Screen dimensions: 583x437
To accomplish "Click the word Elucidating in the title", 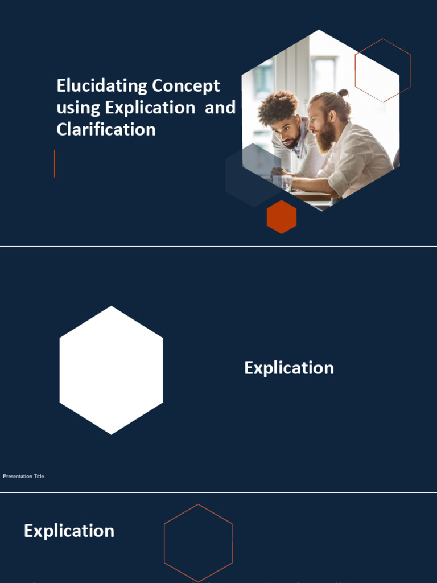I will (x=94, y=86).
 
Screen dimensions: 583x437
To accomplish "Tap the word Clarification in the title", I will (x=106, y=129).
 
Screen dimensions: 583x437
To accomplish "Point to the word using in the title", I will (x=79, y=108).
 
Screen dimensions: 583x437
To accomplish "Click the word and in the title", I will (x=220, y=108).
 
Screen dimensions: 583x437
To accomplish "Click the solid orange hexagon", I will (x=282, y=217).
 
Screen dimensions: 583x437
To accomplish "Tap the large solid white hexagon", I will (x=111, y=370).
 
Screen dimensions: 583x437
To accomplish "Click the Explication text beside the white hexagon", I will (x=289, y=368).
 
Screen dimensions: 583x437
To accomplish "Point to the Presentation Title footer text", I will (x=23, y=476).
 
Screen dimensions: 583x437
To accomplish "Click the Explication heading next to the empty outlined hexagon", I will (x=69, y=531).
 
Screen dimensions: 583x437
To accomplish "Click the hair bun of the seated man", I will (x=343, y=92).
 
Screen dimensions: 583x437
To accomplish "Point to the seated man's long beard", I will (x=325, y=138).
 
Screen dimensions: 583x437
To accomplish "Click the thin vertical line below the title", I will (x=55, y=163).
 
